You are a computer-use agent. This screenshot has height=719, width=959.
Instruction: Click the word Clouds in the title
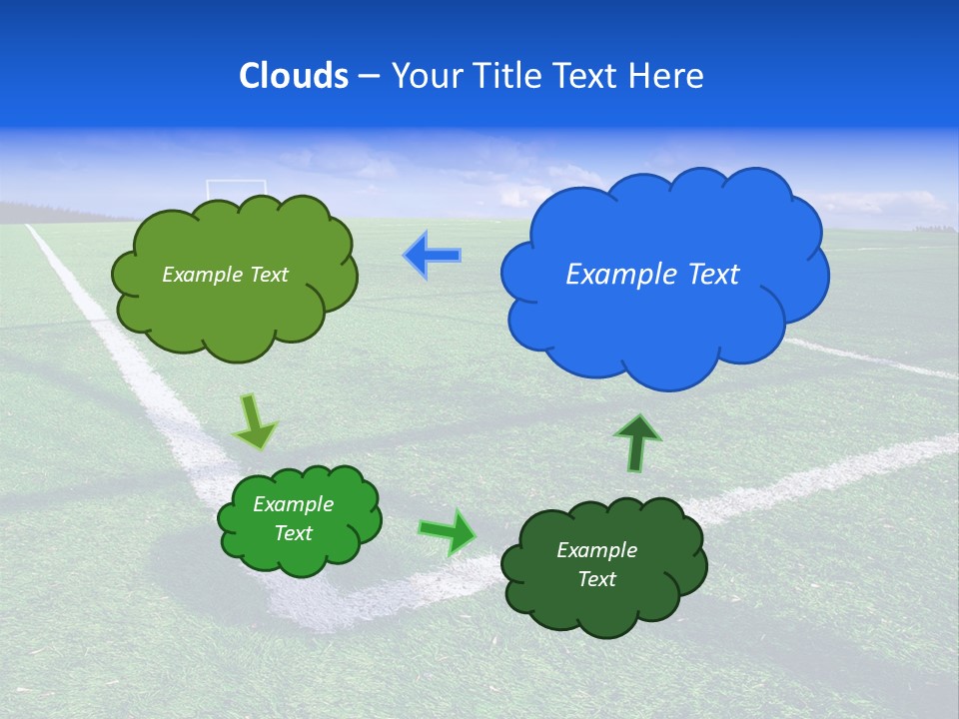(294, 76)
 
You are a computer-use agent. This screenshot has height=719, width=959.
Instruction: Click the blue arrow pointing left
(433, 256)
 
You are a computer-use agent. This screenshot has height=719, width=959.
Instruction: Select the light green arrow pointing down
(256, 422)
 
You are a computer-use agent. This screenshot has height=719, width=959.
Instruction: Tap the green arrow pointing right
(448, 531)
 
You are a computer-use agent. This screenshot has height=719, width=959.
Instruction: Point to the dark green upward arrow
(637, 442)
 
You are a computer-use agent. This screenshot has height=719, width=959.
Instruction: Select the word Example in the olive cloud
(203, 275)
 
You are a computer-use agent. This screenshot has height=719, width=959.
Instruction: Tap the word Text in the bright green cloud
(294, 533)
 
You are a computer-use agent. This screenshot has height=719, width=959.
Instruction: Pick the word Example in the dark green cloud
(596, 550)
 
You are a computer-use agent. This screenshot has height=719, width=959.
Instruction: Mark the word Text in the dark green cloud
(596, 579)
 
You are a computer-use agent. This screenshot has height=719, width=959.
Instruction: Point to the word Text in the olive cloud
(267, 275)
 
